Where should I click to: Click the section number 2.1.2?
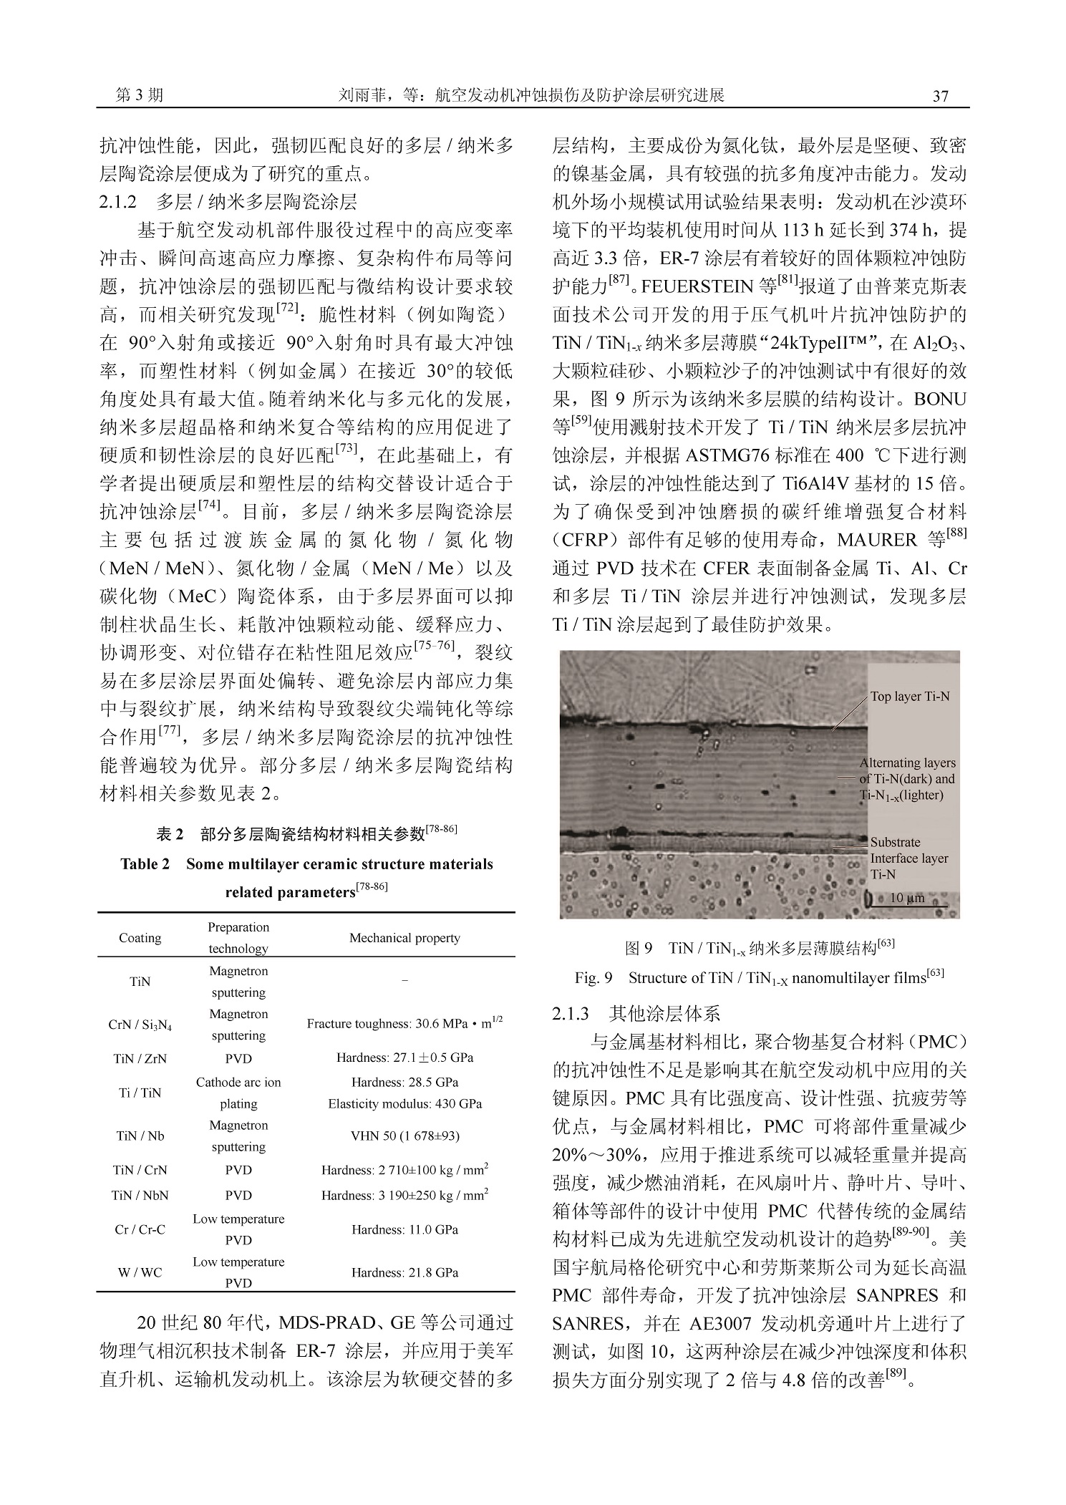click(118, 202)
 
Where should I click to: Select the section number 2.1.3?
click(571, 1013)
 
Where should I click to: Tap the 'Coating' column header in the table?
click(140, 938)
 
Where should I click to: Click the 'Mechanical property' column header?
click(404, 938)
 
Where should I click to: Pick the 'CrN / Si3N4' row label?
click(140, 1025)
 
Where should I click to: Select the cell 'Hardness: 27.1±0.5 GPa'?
click(404, 1058)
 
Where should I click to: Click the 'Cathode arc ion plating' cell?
click(238, 1093)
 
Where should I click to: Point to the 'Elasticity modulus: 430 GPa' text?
click(404, 1103)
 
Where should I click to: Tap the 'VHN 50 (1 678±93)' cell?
click(404, 1136)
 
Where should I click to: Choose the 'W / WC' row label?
click(140, 1272)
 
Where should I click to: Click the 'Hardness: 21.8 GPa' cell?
click(404, 1272)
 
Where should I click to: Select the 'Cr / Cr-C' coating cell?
click(140, 1229)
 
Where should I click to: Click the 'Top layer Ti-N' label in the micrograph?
click(910, 696)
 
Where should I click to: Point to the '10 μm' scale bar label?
click(907, 898)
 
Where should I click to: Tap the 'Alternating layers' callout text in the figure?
click(908, 763)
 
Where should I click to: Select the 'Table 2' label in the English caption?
click(145, 863)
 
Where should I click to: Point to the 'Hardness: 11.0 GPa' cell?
click(404, 1229)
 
